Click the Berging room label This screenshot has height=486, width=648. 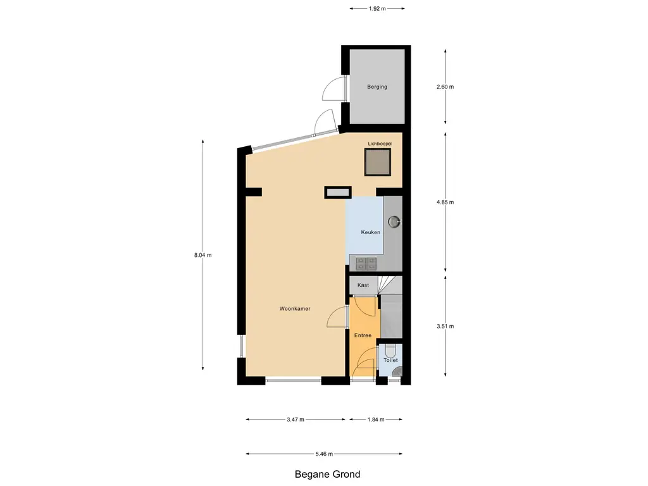coord(377,87)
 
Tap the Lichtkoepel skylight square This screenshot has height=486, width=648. coord(377,162)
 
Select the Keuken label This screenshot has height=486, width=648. coord(370,232)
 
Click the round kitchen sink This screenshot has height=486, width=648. coord(394,222)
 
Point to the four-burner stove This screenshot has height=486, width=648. coord(366,263)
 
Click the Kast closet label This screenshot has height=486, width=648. coord(363,285)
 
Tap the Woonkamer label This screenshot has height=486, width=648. coord(295,309)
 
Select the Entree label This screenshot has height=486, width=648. coord(363,335)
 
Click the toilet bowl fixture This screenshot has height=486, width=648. coord(390,351)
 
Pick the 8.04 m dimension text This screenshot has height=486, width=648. coord(203,255)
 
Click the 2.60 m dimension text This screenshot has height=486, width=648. coord(445,87)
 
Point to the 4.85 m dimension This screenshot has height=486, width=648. coord(445,202)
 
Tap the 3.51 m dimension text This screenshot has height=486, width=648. coord(445,326)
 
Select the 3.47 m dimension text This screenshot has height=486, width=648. coord(296,420)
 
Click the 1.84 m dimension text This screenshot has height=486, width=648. coord(376,420)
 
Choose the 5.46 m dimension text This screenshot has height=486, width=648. coord(324,454)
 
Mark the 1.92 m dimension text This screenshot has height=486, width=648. coord(377,8)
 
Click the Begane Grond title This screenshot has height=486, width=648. coord(327,474)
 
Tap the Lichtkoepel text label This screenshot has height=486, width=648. coord(380,144)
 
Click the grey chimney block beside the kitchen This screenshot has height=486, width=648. coord(338,192)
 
